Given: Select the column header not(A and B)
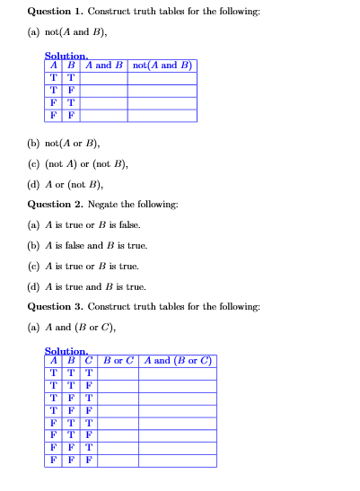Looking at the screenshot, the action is point(162,66).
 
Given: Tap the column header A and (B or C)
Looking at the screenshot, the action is point(177,361).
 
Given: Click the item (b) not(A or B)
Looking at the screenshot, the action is point(63,144).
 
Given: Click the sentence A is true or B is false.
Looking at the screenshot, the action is point(84,224).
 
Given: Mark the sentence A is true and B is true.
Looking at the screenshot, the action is point(86,286).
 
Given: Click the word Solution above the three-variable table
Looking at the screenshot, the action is point(66,351).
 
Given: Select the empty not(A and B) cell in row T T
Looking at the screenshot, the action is point(162,78).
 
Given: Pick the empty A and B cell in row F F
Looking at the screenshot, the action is point(104,116).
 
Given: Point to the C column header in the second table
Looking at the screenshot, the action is point(89,361).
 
